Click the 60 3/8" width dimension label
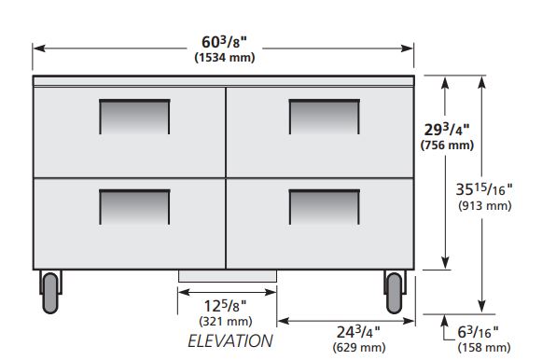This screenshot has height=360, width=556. coord(224,42)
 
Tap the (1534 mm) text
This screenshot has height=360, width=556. coord(225,58)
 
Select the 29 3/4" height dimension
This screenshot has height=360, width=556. coord(447,130)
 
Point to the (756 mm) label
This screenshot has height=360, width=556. coord(447,145)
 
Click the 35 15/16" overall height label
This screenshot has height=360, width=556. coord(484,189)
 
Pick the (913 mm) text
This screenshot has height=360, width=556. coord(485,205)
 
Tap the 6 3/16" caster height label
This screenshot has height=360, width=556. coord(478,332)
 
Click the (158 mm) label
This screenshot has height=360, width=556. coord(484,347)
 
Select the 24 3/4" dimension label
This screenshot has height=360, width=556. coord(358,332)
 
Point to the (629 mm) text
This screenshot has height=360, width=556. coord(359,347)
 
